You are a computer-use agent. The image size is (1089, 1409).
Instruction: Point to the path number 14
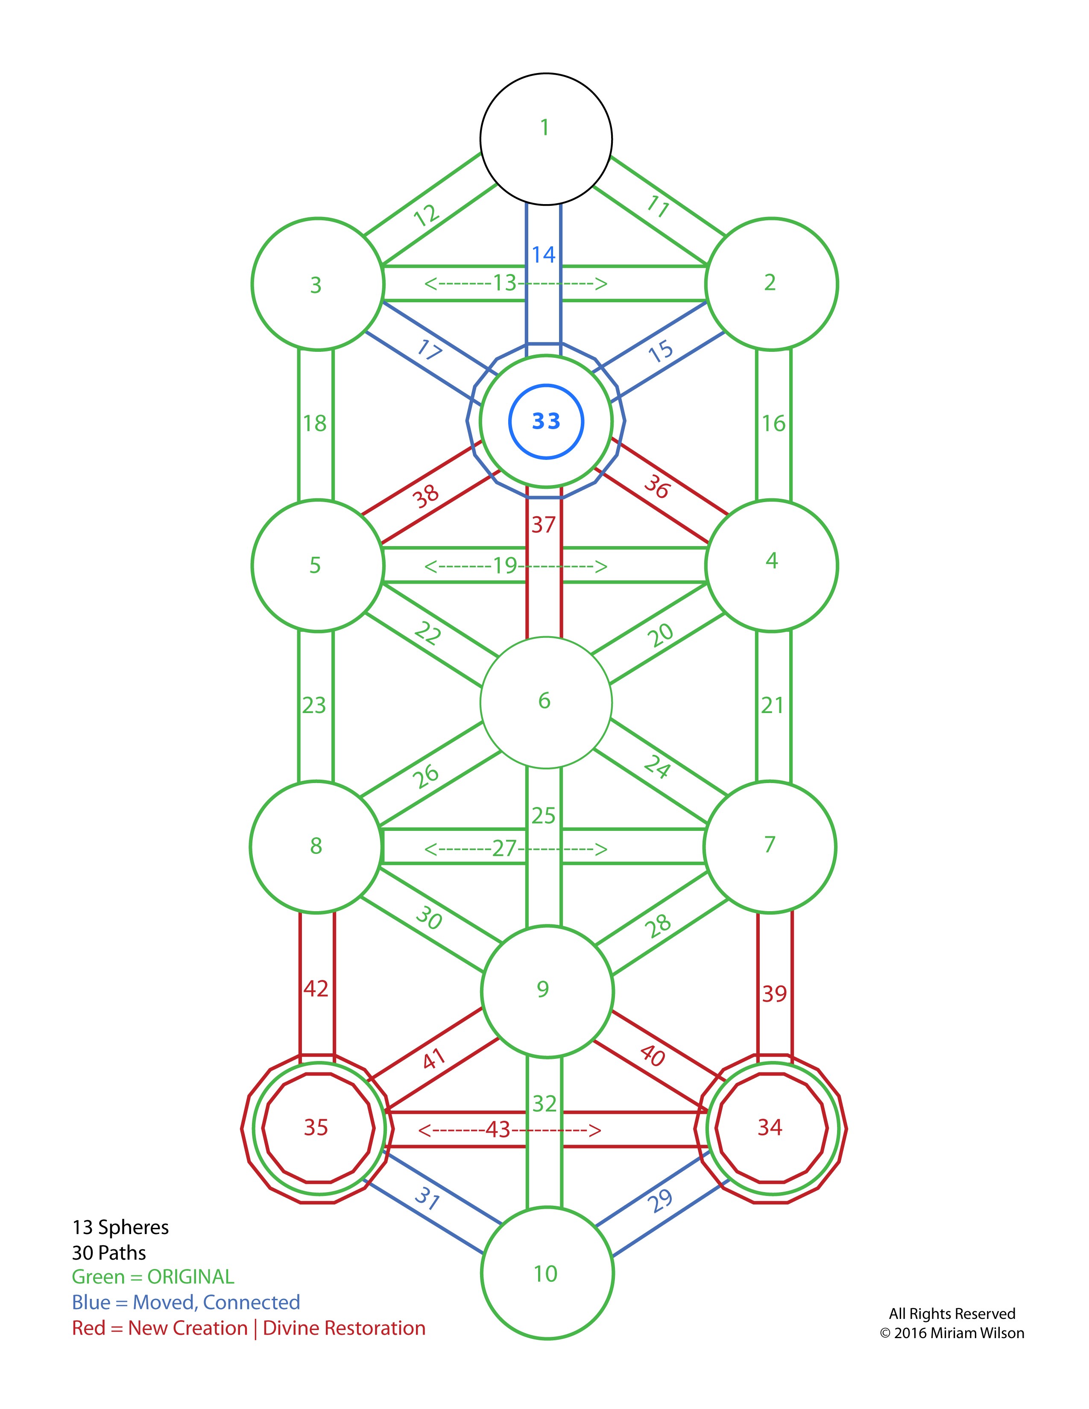coord(544,255)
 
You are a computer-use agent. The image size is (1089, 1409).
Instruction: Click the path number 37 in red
coord(543,524)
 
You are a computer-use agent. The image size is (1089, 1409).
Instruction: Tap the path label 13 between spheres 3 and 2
coord(505,283)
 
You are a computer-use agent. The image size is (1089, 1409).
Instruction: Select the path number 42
coord(316,988)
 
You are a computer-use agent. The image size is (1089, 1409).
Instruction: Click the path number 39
coord(774,994)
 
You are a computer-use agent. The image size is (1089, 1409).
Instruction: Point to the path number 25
coord(544,816)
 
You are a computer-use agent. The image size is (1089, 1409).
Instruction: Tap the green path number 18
coord(315,423)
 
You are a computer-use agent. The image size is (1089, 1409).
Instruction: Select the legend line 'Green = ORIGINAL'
coord(153,1276)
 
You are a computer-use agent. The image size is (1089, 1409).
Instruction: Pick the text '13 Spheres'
coord(120,1227)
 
